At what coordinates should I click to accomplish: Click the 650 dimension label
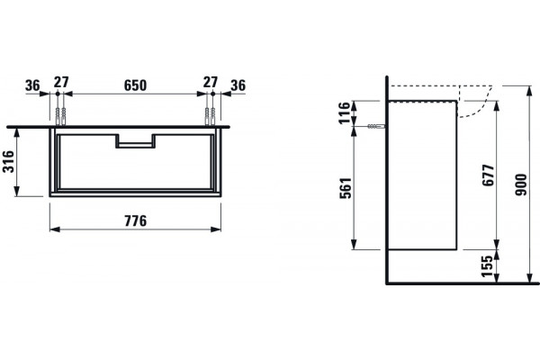[x=135, y=85]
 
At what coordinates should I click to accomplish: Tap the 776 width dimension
[x=135, y=220]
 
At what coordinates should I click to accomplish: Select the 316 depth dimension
[x=8, y=162]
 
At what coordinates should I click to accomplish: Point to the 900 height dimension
[x=521, y=185]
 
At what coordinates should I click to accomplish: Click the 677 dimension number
[x=488, y=175]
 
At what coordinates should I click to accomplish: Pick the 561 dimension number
[x=346, y=188]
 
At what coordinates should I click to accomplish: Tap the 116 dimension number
[x=345, y=113]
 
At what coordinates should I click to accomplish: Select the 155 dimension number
[x=487, y=266]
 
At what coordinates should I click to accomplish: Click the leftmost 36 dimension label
[x=32, y=85]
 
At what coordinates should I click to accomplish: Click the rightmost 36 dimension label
[x=238, y=85]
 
